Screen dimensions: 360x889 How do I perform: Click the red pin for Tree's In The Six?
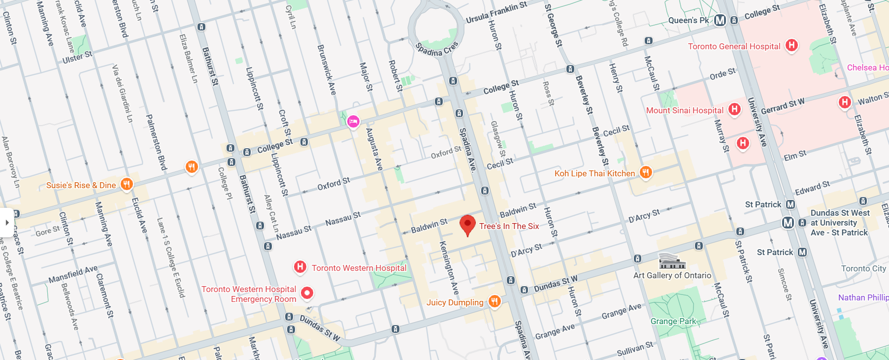point(467,225)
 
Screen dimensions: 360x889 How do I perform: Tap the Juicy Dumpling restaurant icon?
point(494,302)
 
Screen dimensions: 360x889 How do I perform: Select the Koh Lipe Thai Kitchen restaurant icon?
point(646,172)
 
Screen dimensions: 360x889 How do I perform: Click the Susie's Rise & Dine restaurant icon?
point(127,184)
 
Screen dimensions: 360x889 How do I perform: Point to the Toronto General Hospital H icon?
point(791,45)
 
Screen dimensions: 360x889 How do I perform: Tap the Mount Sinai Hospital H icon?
point(734,109)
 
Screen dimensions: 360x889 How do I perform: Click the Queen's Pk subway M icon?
point(720,20)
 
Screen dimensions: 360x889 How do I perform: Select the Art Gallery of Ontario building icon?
point(672,261)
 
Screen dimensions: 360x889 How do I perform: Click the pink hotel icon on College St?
point(353,121)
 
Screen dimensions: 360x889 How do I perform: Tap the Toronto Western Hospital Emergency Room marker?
point(307,293)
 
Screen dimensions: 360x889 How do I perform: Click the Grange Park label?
point(673,321)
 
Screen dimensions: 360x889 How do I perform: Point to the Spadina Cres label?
point(436,49)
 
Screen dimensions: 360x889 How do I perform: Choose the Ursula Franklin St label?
point(496,12)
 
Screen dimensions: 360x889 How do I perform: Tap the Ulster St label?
point(77,57)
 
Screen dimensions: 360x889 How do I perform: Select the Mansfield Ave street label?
point(73,275)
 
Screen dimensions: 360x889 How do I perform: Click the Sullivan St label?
point(635,349)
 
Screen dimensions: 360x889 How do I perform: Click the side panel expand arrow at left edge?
point(6,223)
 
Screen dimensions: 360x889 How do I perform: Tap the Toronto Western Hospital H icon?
point(300,267)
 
